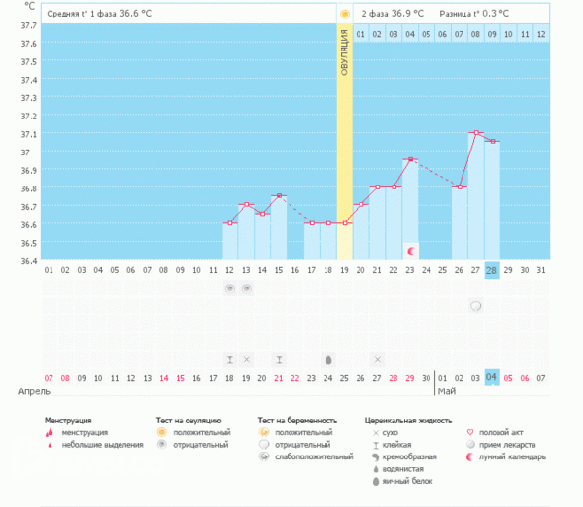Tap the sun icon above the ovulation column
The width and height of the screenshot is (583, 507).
pyautogui.click(x=344, y=14)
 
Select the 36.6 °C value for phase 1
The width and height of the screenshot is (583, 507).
pyautogui.click(x=136, y=14)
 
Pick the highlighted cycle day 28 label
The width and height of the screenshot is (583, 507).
pyautogui.click(x=492, y=270)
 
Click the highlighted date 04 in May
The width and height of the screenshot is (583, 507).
pyautogui.click(x=492, y=377)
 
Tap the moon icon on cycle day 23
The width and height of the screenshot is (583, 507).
pyautogui.click(x=410, y=252)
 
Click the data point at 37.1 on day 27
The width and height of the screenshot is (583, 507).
pyautogui.click(x=475, y=133)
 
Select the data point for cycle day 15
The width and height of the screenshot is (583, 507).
pyautogui.click(x=279, y=196)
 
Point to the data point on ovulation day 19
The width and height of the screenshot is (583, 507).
pyautogui.click(x=344, y=223)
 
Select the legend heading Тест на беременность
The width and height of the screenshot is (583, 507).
pyautogui.click(x=297, y=421)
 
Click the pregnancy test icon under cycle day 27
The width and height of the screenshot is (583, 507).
pyautogui.click(x=476, y=306)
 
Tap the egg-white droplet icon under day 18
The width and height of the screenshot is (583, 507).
pyautogui.click(x=327, y=359)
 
